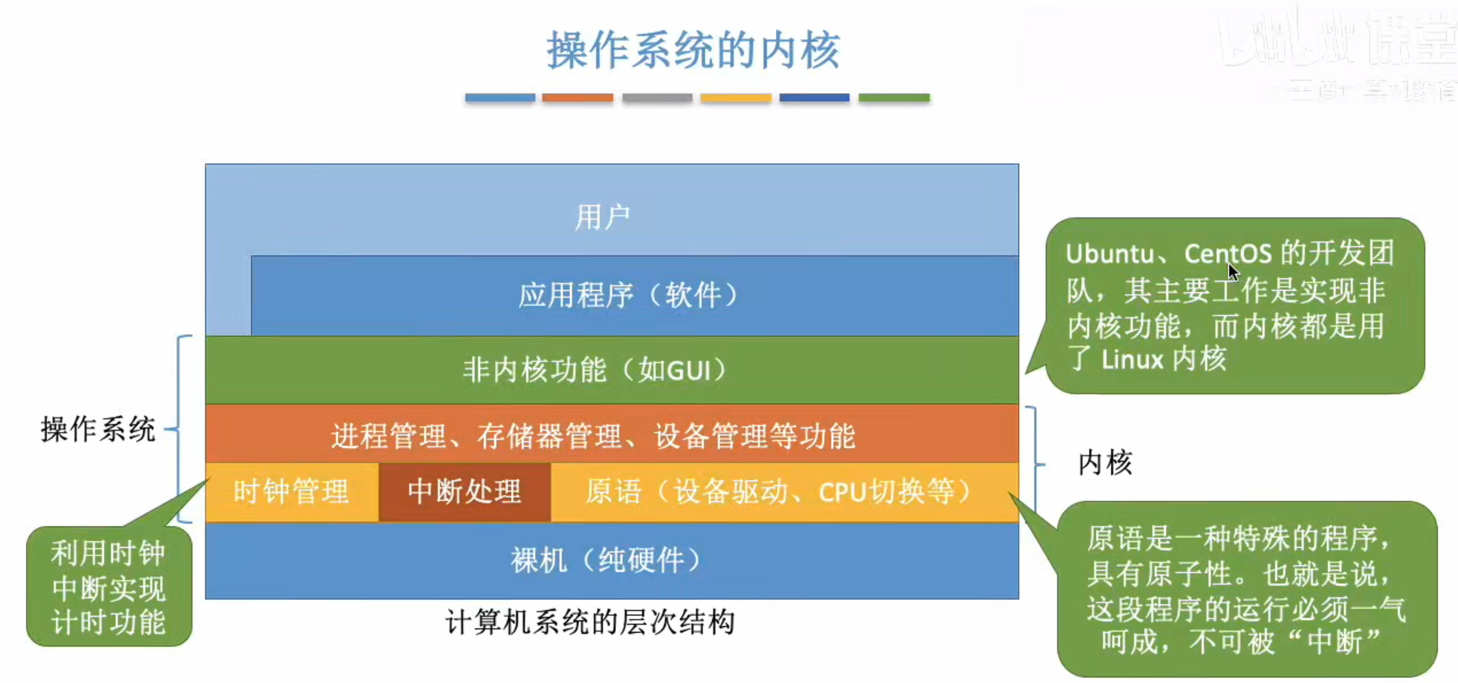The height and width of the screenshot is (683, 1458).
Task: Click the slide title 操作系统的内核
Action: pyautogui.click(x=693, y=50)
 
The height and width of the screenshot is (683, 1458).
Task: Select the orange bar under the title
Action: pyautogui.click(x=577, y=98)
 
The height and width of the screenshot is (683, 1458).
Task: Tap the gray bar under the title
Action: pyautogui.click(x=657, y=98)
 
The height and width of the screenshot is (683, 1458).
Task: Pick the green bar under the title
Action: pyautogui.click(x=894, y=98)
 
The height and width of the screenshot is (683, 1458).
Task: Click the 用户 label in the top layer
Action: pyautogui.click(x=602, y=217)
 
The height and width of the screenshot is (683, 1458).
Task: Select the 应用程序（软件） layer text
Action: pyautogui.click(x=628, y=295)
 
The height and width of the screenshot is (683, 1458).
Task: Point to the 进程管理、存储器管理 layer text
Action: pyautogui.click(x=593, y=436)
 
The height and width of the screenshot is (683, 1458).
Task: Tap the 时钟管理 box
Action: pyautogui.click(x=291, y=491)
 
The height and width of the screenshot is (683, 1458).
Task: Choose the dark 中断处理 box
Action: pyautogui.click(x=464, y=491)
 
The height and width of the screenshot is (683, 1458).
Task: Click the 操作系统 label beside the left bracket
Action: pyautogui.click(x=97, y=429)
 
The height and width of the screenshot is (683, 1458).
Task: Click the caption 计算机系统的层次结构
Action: pyautogui.click(x=590, y=622)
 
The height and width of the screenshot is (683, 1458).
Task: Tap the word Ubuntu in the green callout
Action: pyautogui.click(x=1109, y=254)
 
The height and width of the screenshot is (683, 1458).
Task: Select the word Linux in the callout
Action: pyautogui.click(x=1132, y=359)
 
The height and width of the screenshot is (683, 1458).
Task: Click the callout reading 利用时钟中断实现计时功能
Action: pyautogui.click(x=109, y=587)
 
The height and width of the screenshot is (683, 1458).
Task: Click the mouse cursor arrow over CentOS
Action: pyautogui.click(x=1233, y=271)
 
